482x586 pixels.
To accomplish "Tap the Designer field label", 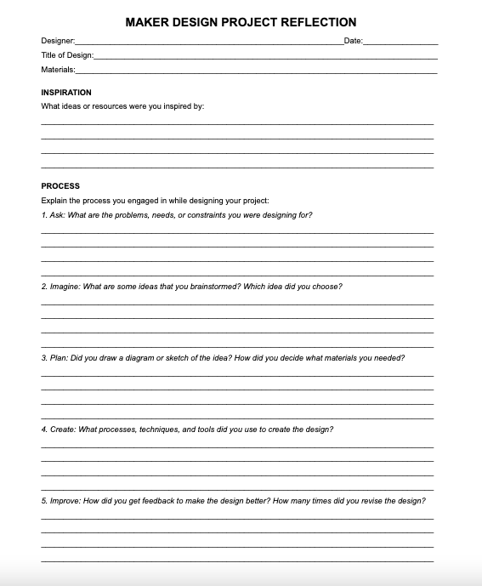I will click(58, 41).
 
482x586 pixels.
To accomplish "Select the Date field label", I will click(353, 41).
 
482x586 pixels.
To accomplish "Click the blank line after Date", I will click(400, 42).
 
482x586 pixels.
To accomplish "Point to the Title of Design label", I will click(67, 54).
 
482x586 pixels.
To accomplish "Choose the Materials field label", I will click(58, 69).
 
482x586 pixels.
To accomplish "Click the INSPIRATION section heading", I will click(66, 92).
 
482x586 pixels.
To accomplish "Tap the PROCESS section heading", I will click(60, 185).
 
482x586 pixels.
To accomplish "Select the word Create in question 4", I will click(62, 430).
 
